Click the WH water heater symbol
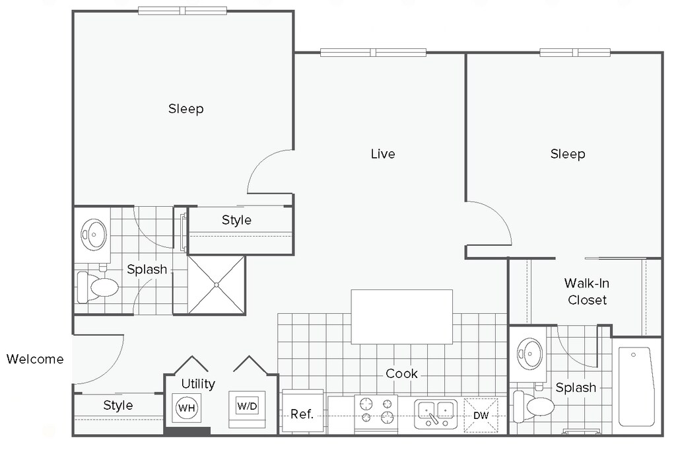(x=187, y=408)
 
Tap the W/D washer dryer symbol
(x=248, y=406)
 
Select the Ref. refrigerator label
(x=302, y=414)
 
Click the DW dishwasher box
(x=481, y=415)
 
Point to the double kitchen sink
(x=436, y=414)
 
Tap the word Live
(x=383, y=154)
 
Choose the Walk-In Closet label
(x=587, y=291)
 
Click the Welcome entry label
(x=35, y=359)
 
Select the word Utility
(x=198, y=384)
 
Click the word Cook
(x=401, y=373)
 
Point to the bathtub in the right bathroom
(x=636, y=387)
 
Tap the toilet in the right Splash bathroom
(x=533, y=406)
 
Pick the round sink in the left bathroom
(x=94, y=235)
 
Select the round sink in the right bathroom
(x=530, y=354)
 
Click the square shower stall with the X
(x=217, y=285)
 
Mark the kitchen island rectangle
(x=402, y=317)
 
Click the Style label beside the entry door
(x=118, y=405)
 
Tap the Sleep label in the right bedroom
(x=568, y=154)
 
